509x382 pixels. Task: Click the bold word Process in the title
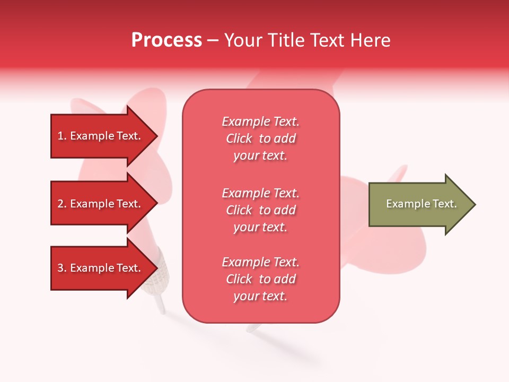tap(166, 40)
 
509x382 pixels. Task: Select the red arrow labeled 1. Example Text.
tap(101, 136)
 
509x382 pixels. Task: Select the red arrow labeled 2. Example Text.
tap(101, 204)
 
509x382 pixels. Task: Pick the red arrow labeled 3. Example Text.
tap(101, 268)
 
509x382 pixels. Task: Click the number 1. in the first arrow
tap(62, 136)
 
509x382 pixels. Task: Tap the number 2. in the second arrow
tap(62, 204)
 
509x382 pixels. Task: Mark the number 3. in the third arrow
tap(62, 268)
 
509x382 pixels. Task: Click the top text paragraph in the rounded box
tap(260, 138)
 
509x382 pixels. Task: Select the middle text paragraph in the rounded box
tap(260, 210)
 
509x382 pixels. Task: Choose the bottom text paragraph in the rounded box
tap(260, 279)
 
